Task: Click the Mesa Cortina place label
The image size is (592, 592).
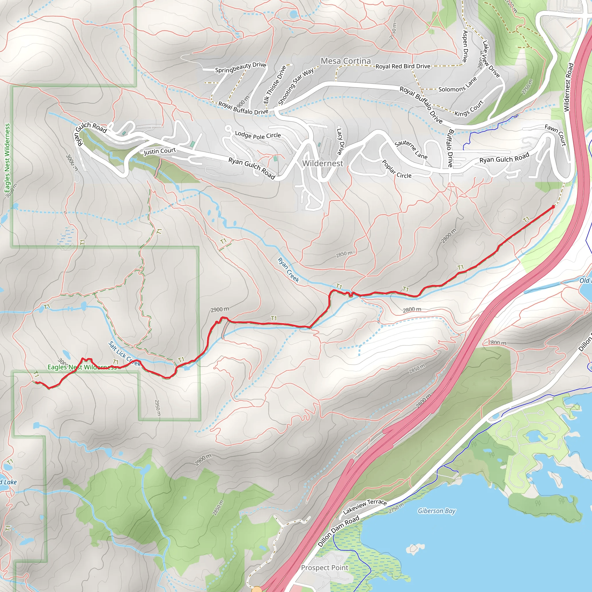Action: tap(346, 61)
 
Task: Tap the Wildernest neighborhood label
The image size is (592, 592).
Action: tap(323, 163)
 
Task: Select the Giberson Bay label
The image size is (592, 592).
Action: tap(437, 511)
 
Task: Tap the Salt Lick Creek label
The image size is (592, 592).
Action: tap(124, 354)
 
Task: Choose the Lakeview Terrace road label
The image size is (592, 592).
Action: tap(365, 506)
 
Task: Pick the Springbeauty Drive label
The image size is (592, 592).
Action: tap(240, 67)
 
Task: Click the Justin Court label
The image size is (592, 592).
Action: tap(160, 151)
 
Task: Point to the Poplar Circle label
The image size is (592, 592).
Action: tap(397, 169)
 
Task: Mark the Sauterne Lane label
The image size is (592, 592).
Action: tap(411, 149)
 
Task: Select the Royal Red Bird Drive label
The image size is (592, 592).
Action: tap(403, 66)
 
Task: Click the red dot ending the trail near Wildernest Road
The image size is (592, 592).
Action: tap(553, 207)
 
